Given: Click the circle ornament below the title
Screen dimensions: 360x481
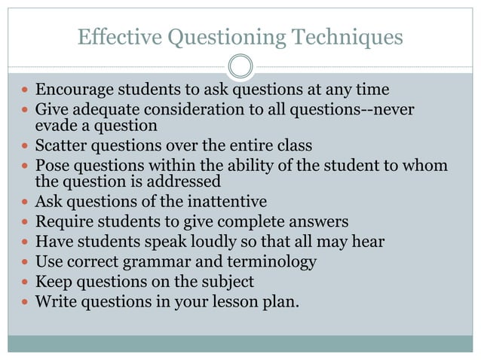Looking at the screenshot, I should [240, 66].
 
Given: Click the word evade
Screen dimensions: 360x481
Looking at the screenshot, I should [54, 126].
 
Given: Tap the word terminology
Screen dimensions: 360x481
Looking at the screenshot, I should [271, 262].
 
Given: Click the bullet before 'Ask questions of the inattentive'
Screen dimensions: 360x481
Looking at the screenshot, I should [24, 202].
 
